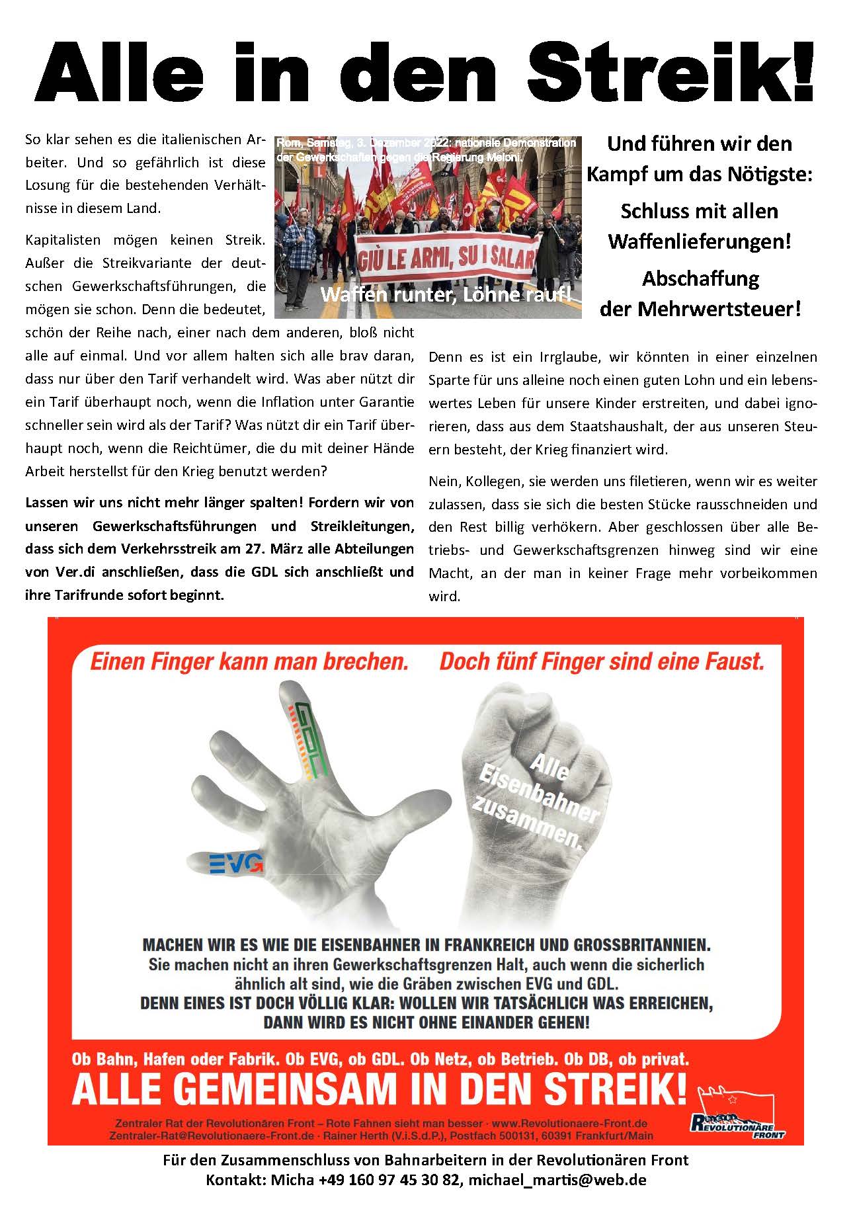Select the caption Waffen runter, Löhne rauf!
point(446,295)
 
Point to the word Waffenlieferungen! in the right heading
point(699,241)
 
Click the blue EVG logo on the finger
point(235,862)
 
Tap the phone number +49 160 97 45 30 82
point(390,1179)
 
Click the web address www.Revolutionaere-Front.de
point(569,1123)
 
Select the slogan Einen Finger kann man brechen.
point(249,661)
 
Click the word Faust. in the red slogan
point(733,661)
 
